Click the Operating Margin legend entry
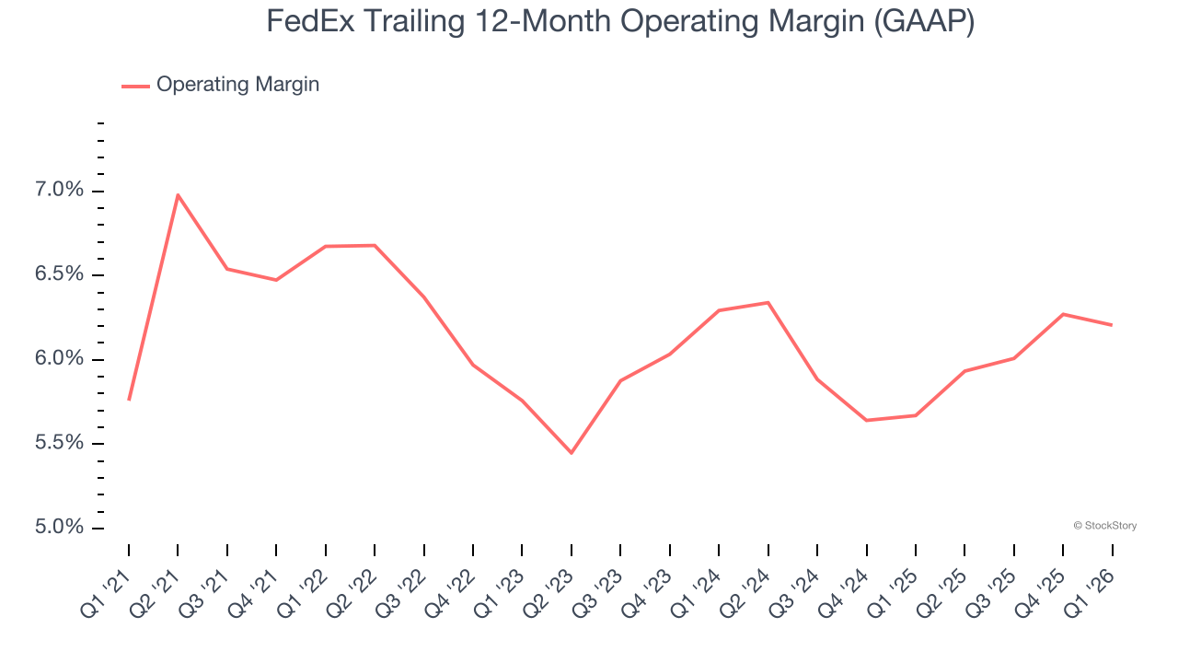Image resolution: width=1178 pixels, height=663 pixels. (x=237, y=85)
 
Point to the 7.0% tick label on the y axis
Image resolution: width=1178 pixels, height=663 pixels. (x=60, y=191)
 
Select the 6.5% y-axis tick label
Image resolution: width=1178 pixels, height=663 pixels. (x=60, y=275)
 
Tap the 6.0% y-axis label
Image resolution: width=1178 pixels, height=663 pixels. (x=60, y=359)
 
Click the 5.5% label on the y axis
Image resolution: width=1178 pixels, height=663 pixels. (x=60, y=444)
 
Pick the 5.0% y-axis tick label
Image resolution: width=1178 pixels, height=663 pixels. (x=60, y=528)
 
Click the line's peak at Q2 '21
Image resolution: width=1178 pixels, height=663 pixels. (x=178, y=194)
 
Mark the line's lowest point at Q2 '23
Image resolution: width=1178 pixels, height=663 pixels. (x=572, y=453)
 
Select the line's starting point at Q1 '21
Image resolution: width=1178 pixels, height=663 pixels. (x=129, y=400)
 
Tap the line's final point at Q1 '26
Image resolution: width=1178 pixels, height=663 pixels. (x=1112, y=325)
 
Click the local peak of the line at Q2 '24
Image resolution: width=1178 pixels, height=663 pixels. (x=768, y=302)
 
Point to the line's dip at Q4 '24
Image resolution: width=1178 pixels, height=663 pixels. (x=866, y=421)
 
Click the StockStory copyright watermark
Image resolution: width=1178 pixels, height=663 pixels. (x=1104, y=526)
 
